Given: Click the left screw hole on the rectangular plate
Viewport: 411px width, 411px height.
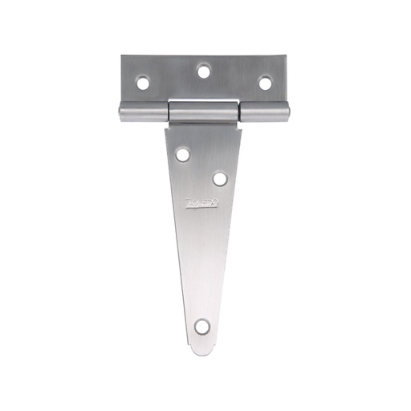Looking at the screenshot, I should tap(143, 82).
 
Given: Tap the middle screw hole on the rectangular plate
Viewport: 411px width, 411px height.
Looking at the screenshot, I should tap(204, 71).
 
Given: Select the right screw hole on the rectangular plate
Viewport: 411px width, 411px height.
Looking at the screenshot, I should tap(265, 82).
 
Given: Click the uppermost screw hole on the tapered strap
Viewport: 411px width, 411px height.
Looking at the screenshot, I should tap(183, 153).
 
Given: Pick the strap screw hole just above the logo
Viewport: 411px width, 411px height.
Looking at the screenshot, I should tap(219, 178).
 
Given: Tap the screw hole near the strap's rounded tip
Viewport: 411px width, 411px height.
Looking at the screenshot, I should tap(202, 326).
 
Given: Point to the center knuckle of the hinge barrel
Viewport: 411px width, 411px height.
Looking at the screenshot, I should tap(204, 112).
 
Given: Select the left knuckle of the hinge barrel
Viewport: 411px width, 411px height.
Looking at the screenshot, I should tap(144, 113).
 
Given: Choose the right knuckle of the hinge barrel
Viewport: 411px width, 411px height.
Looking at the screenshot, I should tap(263, 113).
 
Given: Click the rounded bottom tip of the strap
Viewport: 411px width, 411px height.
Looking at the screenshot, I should tap(204, 351).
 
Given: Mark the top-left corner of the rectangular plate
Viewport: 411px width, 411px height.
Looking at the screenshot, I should tap(123, 57).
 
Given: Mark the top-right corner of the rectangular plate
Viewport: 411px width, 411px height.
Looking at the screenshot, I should tap(285, 57).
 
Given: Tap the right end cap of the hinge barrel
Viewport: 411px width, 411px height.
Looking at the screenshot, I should tap(287, 114).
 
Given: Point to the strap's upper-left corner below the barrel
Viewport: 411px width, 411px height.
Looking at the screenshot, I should tap(166, 127).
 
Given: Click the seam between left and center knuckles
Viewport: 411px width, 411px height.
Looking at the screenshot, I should tap(169, 112).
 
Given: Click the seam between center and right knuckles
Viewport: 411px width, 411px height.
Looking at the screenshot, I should tap(238, 112).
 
